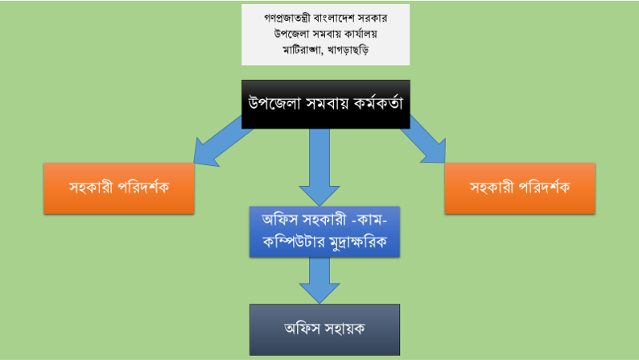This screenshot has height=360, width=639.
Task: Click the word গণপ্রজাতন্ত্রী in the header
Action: (287, 18)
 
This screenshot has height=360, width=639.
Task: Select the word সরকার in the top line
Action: (373, 18)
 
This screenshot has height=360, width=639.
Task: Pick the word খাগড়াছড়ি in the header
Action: (348, 50)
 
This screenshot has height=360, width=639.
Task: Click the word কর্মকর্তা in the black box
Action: (378, 103)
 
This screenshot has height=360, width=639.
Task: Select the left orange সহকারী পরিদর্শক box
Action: (119, 188)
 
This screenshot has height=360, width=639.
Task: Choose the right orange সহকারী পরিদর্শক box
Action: (520, 188)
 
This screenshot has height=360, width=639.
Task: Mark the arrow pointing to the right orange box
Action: (425, 140)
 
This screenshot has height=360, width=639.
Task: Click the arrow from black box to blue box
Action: (319, 168)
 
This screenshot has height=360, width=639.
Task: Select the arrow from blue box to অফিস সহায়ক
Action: (319, 280)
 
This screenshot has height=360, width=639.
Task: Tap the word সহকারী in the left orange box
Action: (91, 188)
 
